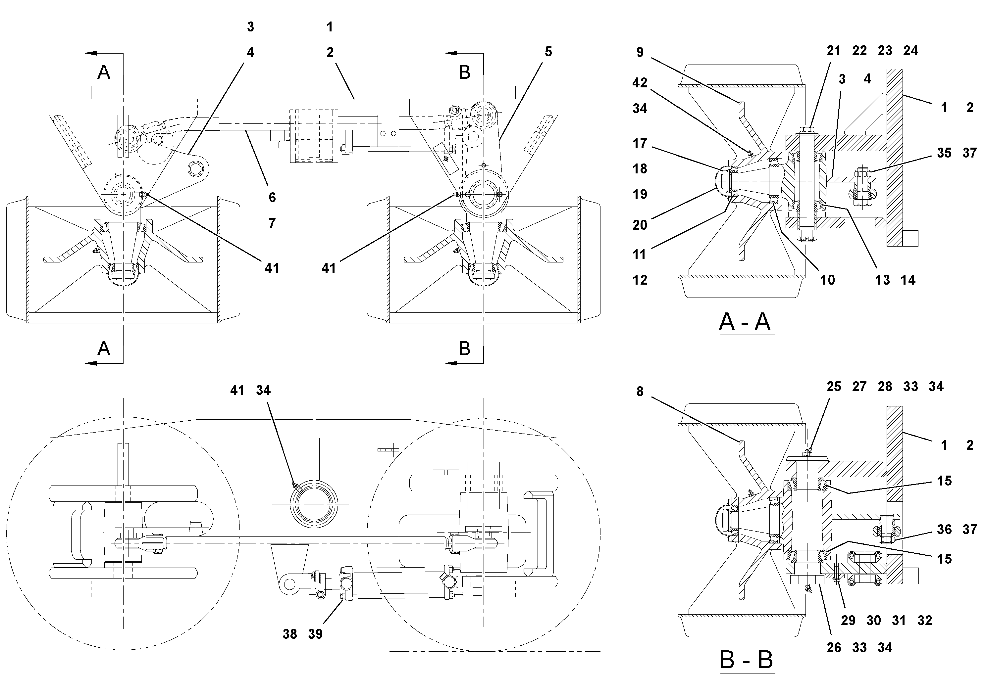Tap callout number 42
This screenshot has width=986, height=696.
(x=640, y=83)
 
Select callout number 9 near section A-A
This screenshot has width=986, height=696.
(x=640, y=53)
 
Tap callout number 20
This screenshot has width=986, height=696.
(x=640, y=225)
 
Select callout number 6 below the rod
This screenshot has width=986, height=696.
(x=272, y=198)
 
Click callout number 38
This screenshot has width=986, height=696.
(x=289, y=634)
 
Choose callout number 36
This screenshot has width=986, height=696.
(x=944, y=530)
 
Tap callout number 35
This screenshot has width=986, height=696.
(x=944, y=153)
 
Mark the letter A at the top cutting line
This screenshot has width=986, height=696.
(x=103, y=72)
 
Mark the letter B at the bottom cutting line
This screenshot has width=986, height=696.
(x=464, y=348)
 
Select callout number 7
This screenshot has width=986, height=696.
(x=272, y=223)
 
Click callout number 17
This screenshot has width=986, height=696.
(x=640, y=143)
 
